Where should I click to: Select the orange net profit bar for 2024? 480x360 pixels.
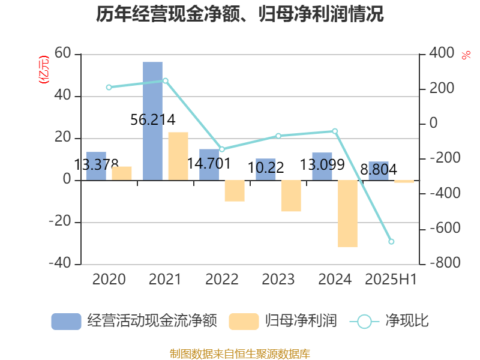point(347,213)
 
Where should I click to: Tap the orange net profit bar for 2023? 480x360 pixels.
point(291,196)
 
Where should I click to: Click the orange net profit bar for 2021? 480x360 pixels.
point(178,156)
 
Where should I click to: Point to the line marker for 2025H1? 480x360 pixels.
point(391,242)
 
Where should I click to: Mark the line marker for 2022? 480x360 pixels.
point(221,149)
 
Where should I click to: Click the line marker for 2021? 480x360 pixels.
point(166,80)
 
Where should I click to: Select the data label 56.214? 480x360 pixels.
point(153,120)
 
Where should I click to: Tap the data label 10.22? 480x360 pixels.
point(266,167)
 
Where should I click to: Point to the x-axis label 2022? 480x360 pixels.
point(221,279)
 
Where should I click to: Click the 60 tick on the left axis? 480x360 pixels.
point(62,54)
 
